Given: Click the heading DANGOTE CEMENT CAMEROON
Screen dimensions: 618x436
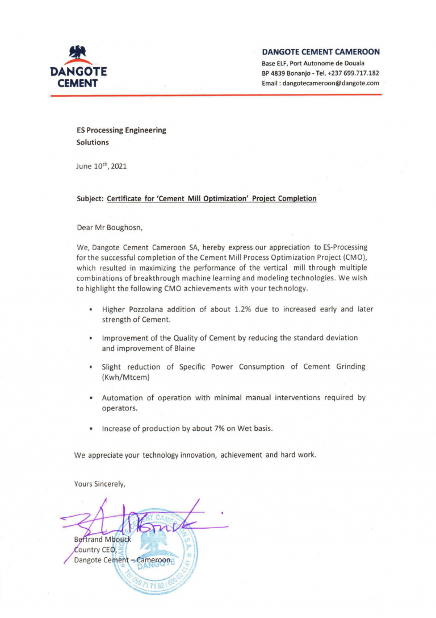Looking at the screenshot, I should point(321,52).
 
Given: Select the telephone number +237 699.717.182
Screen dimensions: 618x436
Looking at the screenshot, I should point(354,73).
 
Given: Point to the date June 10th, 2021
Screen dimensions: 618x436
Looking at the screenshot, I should point(101,167).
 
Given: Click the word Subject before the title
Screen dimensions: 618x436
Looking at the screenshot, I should point(89,199).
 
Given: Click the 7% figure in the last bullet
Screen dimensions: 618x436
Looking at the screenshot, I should point(220,429).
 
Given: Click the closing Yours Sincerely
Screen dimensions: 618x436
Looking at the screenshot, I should point(99,484).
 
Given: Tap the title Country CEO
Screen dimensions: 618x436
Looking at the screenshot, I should point(95,549).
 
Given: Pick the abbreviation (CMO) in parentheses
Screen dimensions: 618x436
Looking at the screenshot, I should point(351,258).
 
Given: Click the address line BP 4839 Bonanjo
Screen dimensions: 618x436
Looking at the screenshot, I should point(290,73).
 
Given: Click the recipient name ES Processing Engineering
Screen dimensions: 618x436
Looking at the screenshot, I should point(121,130).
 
